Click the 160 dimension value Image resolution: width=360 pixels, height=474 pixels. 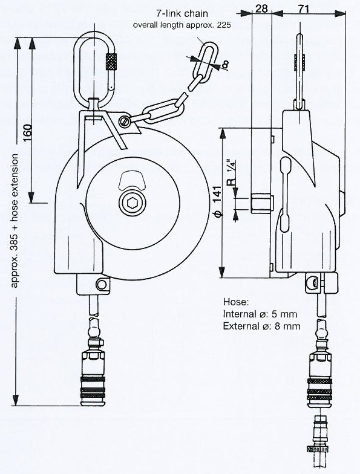coord(28,133)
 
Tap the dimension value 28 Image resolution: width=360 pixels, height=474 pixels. coord(261,8)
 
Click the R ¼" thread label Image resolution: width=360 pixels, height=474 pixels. coord(231,173)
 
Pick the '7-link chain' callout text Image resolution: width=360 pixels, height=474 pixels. coord(182,13)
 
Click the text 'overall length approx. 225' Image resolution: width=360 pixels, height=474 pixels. coord(182,25)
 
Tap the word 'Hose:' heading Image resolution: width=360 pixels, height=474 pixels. coord(236,302)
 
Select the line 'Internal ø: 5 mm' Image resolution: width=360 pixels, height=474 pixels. coord(260,314)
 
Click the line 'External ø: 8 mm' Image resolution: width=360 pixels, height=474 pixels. coord(261,326)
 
